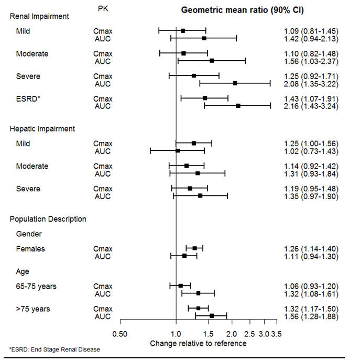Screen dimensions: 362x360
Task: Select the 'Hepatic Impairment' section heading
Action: [42, 128]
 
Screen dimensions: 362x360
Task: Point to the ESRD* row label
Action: [28, 98]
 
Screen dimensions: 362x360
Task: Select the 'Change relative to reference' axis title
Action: [198, 344]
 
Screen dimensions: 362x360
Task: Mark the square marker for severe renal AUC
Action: [235, 83]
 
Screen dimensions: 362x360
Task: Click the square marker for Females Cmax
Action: [194, 248]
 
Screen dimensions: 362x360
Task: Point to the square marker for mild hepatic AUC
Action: [177, 151]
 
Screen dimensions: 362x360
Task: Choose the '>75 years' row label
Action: [33, 309]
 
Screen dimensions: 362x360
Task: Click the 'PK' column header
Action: [103, 9]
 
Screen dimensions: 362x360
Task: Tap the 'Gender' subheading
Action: [28, 234]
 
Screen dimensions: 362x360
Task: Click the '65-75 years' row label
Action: [36, 286]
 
